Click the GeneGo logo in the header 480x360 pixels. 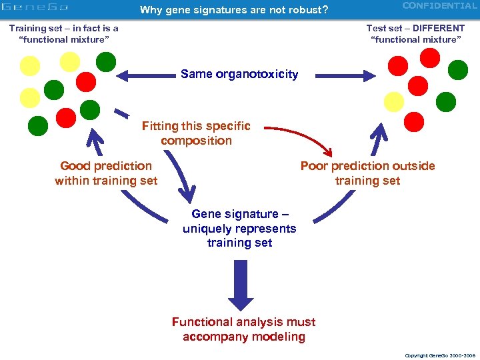[35, 8]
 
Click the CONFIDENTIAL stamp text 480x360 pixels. [439, 6]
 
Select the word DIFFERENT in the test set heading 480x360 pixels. [437, 28]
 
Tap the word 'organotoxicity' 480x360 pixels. [257, 74]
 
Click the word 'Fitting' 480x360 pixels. [160, 126]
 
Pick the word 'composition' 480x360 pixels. [196, 141]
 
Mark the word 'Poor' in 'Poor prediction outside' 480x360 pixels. [314, 166]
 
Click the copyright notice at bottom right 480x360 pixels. [439, 355]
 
